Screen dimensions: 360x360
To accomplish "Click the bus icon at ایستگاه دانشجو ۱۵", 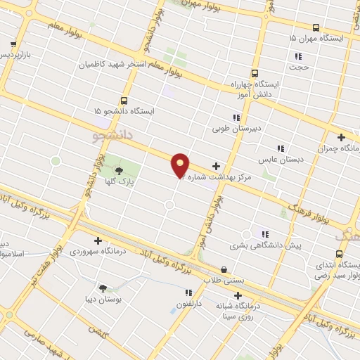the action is tap(124, 101).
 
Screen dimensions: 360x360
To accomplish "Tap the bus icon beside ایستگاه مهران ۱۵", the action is tap(314, 28).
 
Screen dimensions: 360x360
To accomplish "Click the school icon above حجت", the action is tap(298, 56).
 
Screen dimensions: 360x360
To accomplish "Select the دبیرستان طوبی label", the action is tap(237, 129).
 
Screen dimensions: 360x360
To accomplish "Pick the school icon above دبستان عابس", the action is tap(281, 148).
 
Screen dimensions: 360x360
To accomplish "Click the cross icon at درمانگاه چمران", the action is tap(341, 138).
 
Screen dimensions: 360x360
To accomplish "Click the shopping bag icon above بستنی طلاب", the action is tap(224, 269).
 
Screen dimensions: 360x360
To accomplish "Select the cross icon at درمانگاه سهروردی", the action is tap(97, 240).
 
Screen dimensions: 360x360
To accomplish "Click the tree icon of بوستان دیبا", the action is tap(103, 288).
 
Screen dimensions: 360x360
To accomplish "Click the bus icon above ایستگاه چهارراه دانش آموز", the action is tap(254, 72).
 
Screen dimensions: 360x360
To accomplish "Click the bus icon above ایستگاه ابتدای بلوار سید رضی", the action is tap(340, 254).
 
